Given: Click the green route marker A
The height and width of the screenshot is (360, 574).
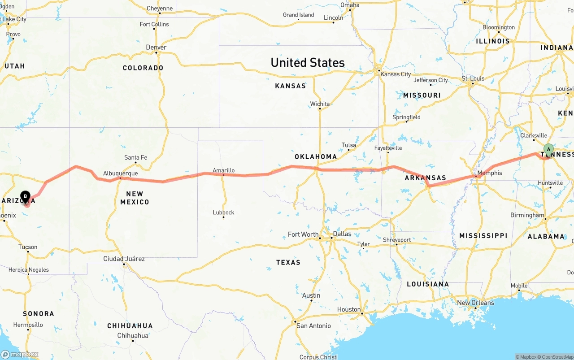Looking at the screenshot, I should (x=548, y=150).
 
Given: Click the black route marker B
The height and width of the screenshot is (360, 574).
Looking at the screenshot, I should (x=26, y=196).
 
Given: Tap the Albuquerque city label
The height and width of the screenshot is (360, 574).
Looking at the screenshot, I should (x=120, y=173).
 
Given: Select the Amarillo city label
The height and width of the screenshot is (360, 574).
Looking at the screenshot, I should (x=223, y=170).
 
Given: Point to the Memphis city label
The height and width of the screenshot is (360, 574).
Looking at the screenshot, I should (x=490, y=173).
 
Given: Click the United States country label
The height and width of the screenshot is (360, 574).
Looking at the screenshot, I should (x=308, y=62).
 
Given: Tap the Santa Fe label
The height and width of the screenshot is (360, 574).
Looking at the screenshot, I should (x=135, y=157).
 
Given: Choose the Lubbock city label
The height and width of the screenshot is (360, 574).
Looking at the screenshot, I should (x=223, y=213).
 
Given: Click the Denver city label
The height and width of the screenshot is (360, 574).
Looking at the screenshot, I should (x=156, y=48).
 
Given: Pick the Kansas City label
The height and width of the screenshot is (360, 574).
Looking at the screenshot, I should (x=396, y=74).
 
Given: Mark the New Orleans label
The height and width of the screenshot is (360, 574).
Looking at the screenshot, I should (x=475, y=303).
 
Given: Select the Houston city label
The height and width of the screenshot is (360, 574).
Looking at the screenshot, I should (x=349, y=309).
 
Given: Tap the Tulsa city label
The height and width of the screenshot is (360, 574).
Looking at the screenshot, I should (x=348, y=145).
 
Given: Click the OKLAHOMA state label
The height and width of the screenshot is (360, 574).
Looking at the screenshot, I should (x=316, y=156).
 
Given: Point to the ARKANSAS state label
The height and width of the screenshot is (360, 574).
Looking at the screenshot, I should (x=426, y=178).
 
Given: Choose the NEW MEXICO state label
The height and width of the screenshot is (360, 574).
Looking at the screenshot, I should (x=135, y=198).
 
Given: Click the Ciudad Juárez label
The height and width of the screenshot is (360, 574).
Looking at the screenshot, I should (x=124, y=259).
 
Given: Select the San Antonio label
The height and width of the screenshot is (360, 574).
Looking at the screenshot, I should (x=314, y=325).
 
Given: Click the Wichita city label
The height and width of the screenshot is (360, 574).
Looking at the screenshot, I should (x=320, y=104).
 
